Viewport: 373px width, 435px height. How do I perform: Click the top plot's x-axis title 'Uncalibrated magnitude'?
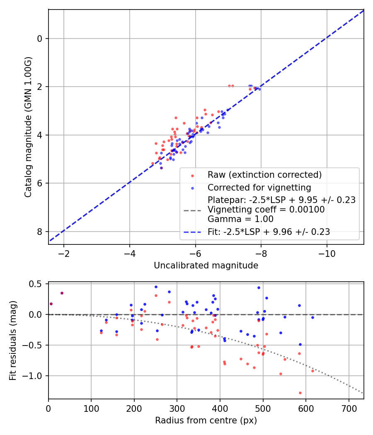[x=206, y=266]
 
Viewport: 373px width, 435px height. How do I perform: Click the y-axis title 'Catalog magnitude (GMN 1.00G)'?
[x=28, y=127]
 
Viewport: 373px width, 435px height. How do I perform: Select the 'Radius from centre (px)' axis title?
[x=206, y=420]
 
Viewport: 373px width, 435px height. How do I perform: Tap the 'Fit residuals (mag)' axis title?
[x=13, y=340]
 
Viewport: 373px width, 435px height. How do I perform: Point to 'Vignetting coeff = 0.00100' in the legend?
[x=266, y=210]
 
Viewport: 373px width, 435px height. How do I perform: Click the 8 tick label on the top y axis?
[x=40, y=232]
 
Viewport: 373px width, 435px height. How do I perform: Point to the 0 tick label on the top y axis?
[x=40, y=39]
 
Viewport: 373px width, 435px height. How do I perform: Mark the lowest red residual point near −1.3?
[x=300, y=393]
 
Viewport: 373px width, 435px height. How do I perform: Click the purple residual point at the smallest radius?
[x=51, y=304]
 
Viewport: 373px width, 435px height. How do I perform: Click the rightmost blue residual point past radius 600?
[x=312, y=317]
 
